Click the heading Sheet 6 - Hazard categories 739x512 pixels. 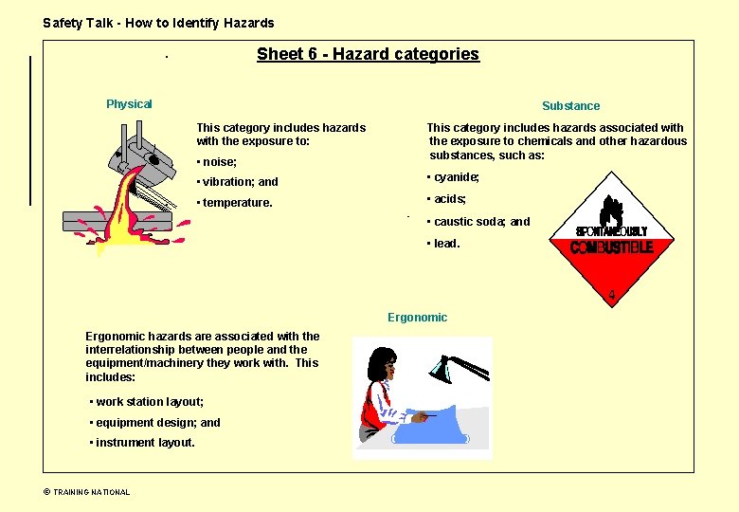click(x=368, y=54)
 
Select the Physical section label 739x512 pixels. click(x=129, y=104)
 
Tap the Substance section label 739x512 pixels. click(x=570, y=106)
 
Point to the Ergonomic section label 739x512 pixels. click(x=417, y=318)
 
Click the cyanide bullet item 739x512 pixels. click(x=455, y=177)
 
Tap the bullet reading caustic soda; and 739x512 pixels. click(x=480, y=222)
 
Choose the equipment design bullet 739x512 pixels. click(x=156, y=423)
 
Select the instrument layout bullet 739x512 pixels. click(x=144, y=443)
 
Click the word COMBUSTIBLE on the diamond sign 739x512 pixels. click(x=611, y=247)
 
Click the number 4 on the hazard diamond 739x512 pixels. click(x=612, y=295)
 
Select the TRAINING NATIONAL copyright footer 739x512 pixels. click(x=87, y=492)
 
